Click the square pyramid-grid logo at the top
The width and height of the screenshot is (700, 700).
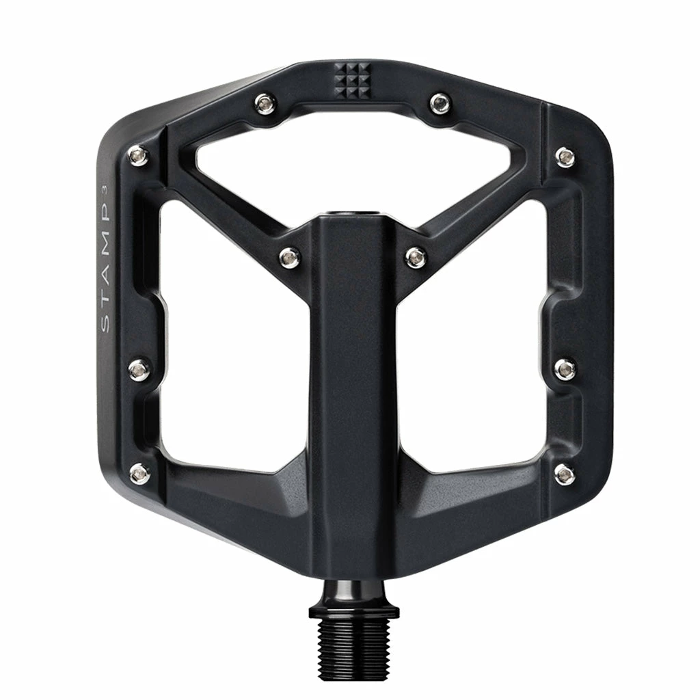pos(352,81)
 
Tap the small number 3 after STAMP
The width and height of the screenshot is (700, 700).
pos(105,189)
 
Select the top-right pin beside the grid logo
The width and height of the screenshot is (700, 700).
pos(441,103)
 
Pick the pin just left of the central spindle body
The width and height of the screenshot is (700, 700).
pos(290,258)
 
